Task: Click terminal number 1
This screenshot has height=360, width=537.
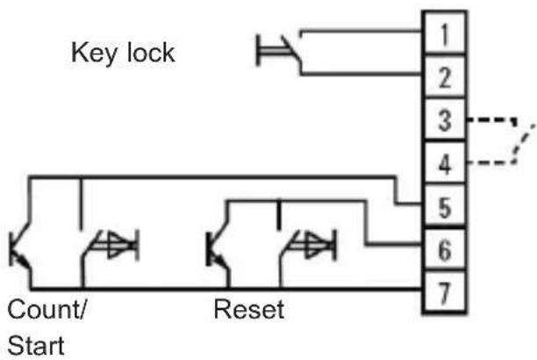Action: [x=445, y=34]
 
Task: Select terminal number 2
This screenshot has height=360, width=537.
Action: [x=445, y=77]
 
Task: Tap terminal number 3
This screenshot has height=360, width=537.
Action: [x=445, y=120]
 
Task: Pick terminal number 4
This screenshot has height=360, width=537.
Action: [x=445, y=164]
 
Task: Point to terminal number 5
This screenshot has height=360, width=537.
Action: [x=445, y=207]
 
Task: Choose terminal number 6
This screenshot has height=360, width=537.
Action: [x=445, y=250]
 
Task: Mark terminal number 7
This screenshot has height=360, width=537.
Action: [x=445, y=293]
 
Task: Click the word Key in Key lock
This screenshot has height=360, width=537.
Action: [x=94, y=53]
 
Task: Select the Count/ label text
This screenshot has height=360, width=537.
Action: [x=47, y=309]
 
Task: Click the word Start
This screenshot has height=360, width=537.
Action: [x=36, y=345]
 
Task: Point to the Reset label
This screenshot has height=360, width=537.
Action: [x=249, y=309]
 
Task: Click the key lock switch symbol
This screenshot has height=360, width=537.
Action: [x=279, y=52]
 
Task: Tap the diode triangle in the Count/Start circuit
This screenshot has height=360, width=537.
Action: [x=118, y=245]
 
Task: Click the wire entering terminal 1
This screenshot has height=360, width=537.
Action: [x=361, y=32]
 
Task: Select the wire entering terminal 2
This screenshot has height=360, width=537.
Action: [x=361, y=74]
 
